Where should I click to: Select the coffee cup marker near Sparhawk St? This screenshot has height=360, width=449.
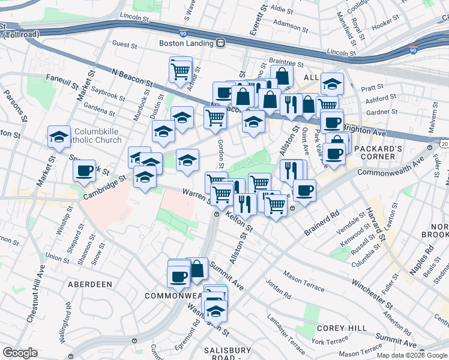84,170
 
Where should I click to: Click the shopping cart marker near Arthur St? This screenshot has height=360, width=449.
180,71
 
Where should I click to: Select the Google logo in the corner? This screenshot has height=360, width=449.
20,353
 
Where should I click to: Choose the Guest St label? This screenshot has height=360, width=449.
125,44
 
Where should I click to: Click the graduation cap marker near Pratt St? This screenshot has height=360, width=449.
331,84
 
